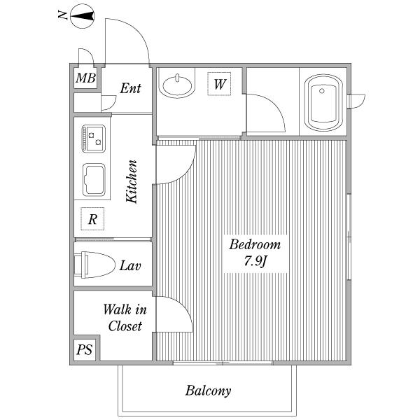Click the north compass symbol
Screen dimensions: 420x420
(82, 16)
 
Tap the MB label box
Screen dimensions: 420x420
(85, 78)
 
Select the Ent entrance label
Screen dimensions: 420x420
(130, 88)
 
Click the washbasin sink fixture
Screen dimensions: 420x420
(177, 85)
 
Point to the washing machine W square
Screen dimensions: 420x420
(219, 84)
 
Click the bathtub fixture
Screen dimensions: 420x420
(323, 103)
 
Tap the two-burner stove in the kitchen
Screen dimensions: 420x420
(94, 139)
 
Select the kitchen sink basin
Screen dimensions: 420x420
(94, 179)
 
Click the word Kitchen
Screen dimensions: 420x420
(132, 181)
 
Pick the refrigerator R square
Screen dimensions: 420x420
(92, 218)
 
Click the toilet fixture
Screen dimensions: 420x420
(94, 265)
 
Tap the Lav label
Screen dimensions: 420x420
(130, 265)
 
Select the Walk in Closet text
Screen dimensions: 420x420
(125, 318)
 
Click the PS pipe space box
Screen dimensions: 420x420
(85, 349)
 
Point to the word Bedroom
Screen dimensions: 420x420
(255, 244)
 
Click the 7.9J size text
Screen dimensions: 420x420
(255, 261)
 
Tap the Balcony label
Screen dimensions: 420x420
(208, 391)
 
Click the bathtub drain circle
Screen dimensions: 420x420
(322, 91)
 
